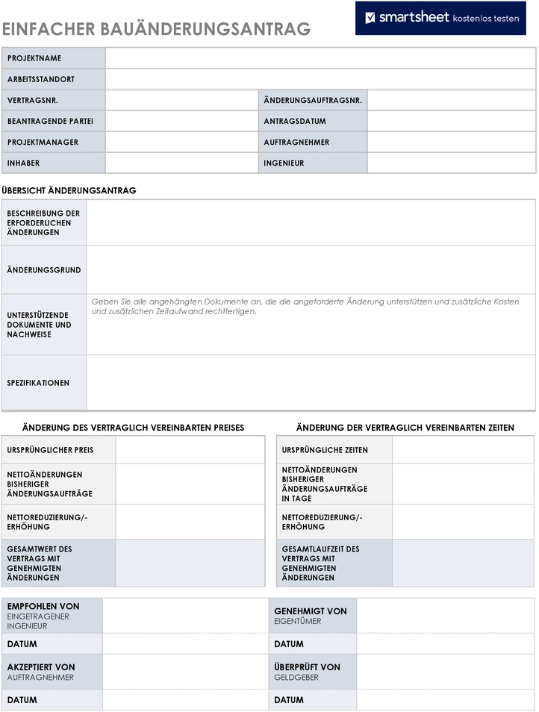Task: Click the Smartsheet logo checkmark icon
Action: (370, 17)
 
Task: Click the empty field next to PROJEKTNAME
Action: (320, 58)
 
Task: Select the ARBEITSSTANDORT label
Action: (41, 79)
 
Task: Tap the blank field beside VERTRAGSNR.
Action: (181, 100)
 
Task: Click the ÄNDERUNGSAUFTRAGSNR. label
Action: (313, 100)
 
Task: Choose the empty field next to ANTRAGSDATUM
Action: (451, 121)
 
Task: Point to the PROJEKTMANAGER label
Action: (43, 142)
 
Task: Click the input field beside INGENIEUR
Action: (451, 163)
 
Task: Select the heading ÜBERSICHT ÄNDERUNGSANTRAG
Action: (69, 190)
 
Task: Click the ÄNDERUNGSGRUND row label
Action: (44, 270)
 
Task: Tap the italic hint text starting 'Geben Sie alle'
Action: (305, 306)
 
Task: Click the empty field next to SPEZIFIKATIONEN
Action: (311, 383)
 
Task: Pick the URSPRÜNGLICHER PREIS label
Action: (50, 450)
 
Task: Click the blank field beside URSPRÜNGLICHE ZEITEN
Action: (463, 450)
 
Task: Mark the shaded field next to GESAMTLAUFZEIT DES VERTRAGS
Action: (463, 563)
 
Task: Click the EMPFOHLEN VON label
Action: (43, 607)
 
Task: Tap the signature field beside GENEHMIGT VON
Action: (446, 616)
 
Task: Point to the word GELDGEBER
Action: (296, 678)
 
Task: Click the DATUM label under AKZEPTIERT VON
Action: (22, 700)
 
